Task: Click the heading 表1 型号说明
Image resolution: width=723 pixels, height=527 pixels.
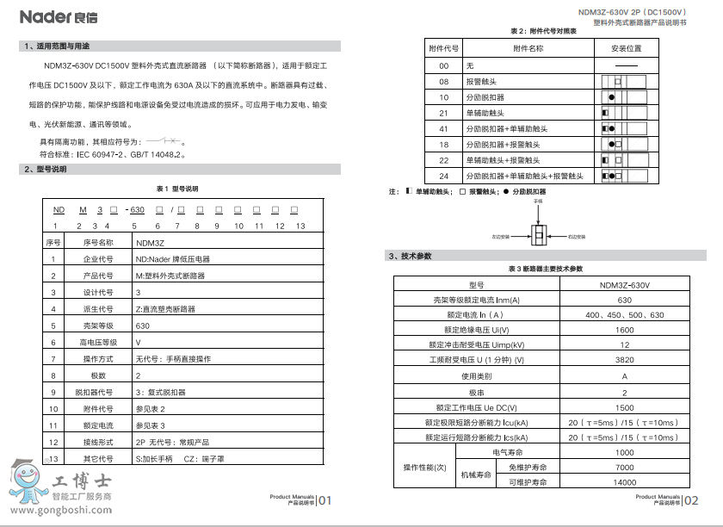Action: pyautogui.click(x=176, y=188)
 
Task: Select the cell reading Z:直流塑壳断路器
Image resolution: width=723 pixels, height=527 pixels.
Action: pyautogui.click(x=165, y=309)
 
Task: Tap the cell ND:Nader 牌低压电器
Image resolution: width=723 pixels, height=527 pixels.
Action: pyautogui.click(x=172, y=259)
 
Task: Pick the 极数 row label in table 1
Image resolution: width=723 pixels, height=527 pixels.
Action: pyautogui.click(x=98, y=376)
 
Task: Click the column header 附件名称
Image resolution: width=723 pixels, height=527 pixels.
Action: pyautogui.click(x=528, y=49)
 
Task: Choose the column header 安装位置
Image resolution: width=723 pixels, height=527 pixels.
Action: pyautogui.click(x=627, y=49)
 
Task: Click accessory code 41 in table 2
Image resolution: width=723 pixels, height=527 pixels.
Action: pyautogui.click(x=444, y=129)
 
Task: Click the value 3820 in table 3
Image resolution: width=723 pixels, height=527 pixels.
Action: pyautogui.click(x=625, y=359)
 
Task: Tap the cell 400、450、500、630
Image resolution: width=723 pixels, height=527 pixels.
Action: pyautogui.click(x=625, y=315)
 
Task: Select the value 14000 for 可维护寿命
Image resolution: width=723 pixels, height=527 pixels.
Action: pyautogui.click(x=625, y=482)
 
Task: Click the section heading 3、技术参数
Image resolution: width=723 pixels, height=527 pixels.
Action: pyautogui.click(x=409, y=256)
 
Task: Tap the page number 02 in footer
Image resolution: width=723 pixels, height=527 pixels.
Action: pyautogui.click(x=691, y=501)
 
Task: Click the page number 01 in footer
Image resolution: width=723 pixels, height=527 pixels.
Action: pyautogui.click(x=324, y=501)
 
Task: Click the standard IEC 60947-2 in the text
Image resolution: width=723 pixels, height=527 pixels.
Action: pyautogui.click(x=101, y=155)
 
